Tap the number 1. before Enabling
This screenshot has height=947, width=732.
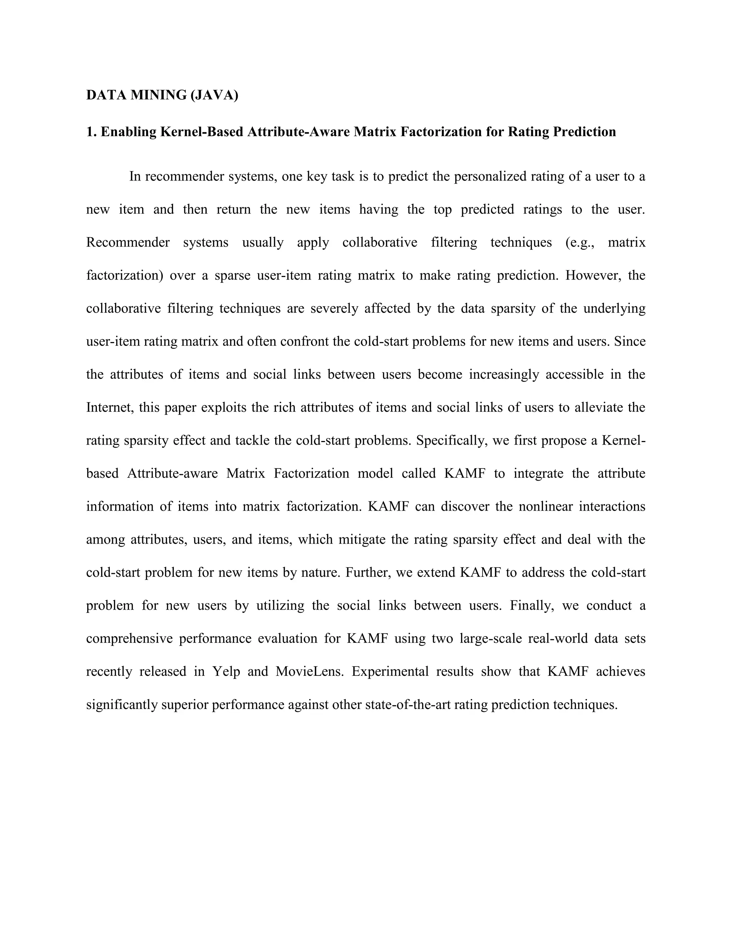[91, 132]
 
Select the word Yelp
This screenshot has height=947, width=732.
[226, 672]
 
